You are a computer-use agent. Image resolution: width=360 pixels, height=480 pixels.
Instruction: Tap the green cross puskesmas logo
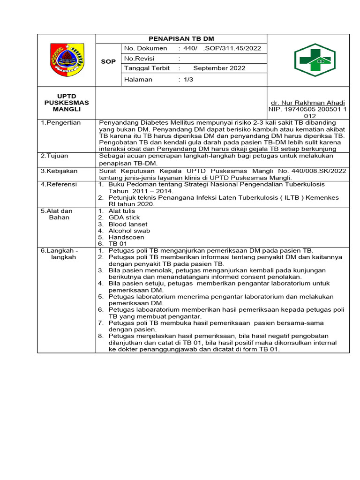tap(314, 60)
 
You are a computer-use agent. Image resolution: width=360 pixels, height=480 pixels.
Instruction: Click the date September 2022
tap(219, 68)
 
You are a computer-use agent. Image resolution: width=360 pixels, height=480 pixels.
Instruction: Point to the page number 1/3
tap(188, 79)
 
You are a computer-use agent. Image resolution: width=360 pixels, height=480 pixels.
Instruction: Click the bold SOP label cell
tap(108, 62)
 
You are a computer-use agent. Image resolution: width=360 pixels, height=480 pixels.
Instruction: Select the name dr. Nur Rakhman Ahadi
tap(308, 103)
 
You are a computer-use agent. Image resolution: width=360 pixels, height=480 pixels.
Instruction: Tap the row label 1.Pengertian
tap(60, 123)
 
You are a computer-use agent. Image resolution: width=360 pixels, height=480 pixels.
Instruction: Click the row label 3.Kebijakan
tap(59, 171)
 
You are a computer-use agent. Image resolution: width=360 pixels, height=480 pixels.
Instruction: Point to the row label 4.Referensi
tap(59, 185)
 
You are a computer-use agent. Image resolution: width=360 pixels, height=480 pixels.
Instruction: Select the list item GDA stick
tap(124, 217)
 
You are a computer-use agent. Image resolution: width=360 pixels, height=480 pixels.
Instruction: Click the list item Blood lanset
tap(128, 224)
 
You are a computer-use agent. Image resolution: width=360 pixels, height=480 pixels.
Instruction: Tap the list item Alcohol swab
tap(129, 231)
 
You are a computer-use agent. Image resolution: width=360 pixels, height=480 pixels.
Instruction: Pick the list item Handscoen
tap(126, 237)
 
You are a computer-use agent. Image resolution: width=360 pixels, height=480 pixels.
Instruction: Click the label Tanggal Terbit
tap(147, 68)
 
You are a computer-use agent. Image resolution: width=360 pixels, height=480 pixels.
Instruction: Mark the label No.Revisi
tap(139, 59)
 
